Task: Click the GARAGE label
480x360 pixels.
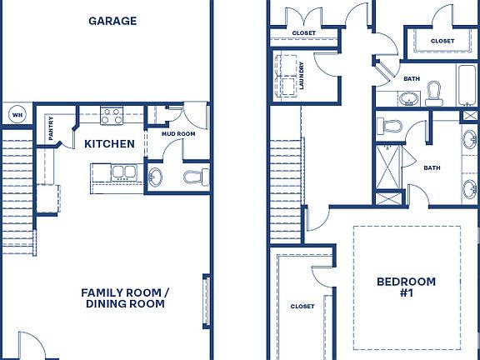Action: click(x=112, y=21)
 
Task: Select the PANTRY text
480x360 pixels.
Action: click(x=51, y=130)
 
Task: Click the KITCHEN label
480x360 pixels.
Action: click(x=109, y=144)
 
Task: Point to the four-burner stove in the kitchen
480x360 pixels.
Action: click(x=111, y=115)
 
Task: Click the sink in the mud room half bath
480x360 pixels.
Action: click(x=156, y=177)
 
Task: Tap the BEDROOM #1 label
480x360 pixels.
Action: click(x=406, y=287)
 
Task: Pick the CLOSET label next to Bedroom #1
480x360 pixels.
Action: click(x=302, y=307)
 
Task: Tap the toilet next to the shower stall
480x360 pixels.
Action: click(x=389, y=127)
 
